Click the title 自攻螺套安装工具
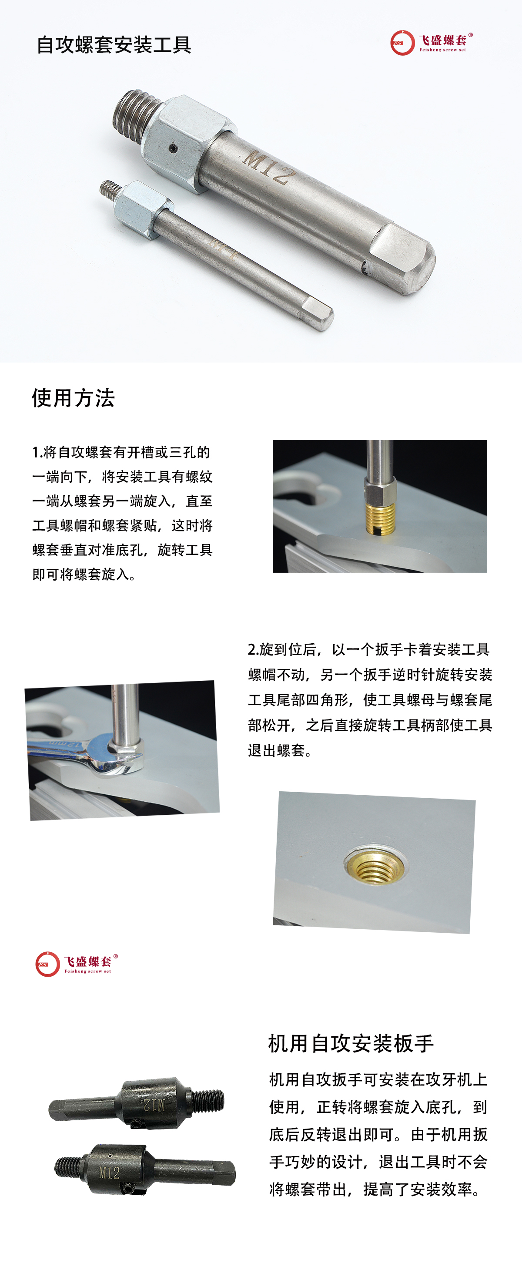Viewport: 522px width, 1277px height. point(114,45)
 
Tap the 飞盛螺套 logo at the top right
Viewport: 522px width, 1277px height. point(432,43)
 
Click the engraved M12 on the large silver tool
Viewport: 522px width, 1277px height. point(268,168)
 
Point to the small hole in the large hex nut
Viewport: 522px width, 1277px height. point(172,148)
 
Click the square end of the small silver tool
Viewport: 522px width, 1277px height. point(318,313)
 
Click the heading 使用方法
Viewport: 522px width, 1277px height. point(74,397)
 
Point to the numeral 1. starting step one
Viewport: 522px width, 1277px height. point(37,452)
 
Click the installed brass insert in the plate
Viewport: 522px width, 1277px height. point(375,866)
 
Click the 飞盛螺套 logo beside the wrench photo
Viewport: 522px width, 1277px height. point(77,964)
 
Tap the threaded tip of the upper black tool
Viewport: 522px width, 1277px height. point(207,1101)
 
